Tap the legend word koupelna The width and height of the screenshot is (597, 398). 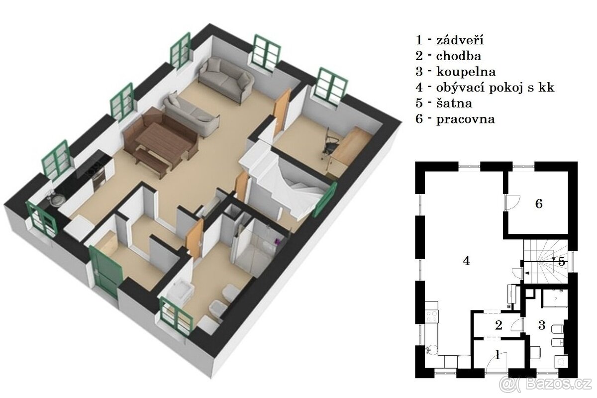click(x=466, y=72)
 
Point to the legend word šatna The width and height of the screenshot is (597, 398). click(x=454, y=103)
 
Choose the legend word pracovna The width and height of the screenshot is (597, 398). click(x=466, y=119)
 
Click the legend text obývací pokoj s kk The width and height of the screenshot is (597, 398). click(x=495, y=88)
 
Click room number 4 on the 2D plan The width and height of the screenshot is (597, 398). click(x=466, y=260)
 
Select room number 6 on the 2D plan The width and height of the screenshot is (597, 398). click(x=539, y=203)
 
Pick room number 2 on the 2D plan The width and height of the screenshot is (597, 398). click(x=498, y=325)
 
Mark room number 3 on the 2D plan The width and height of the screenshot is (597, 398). click(x=542, y=326)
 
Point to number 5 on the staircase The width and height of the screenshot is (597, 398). click(x=561, y=262)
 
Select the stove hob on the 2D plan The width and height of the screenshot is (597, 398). click(x=431, y=316)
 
